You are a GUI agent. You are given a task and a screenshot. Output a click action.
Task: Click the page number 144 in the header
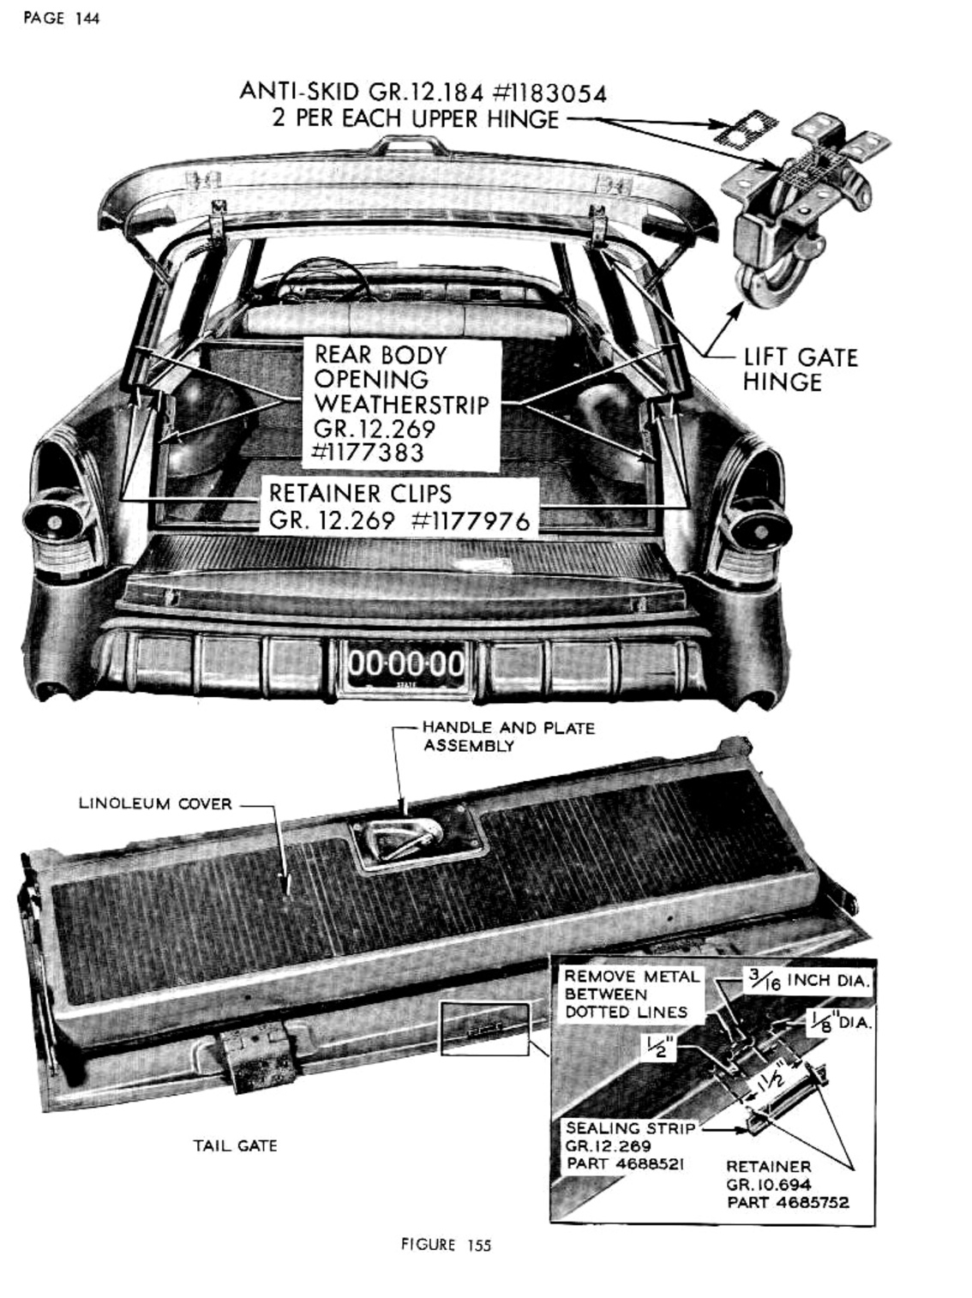click(x=87, y=18)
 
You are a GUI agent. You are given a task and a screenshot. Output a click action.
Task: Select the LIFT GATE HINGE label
click(x=799, y=370)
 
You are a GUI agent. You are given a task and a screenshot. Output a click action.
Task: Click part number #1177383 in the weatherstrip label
click(x=369, y=452)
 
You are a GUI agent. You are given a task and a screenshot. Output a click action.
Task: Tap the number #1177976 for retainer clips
click(x=471, y=520)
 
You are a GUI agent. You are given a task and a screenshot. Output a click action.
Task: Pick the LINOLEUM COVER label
click(x=155, y=804)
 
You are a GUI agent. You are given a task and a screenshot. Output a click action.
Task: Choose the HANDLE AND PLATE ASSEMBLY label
click(x=507, y=736)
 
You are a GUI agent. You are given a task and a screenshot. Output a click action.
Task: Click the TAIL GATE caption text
click(x=235, y=1145)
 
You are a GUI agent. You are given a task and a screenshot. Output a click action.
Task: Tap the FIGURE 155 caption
click(x=446, y=1245)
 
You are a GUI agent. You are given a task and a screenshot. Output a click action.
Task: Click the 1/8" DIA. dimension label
click(x=840, y=1021)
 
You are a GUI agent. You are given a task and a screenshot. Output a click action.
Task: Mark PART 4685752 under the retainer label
click(x=788, y=1202)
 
